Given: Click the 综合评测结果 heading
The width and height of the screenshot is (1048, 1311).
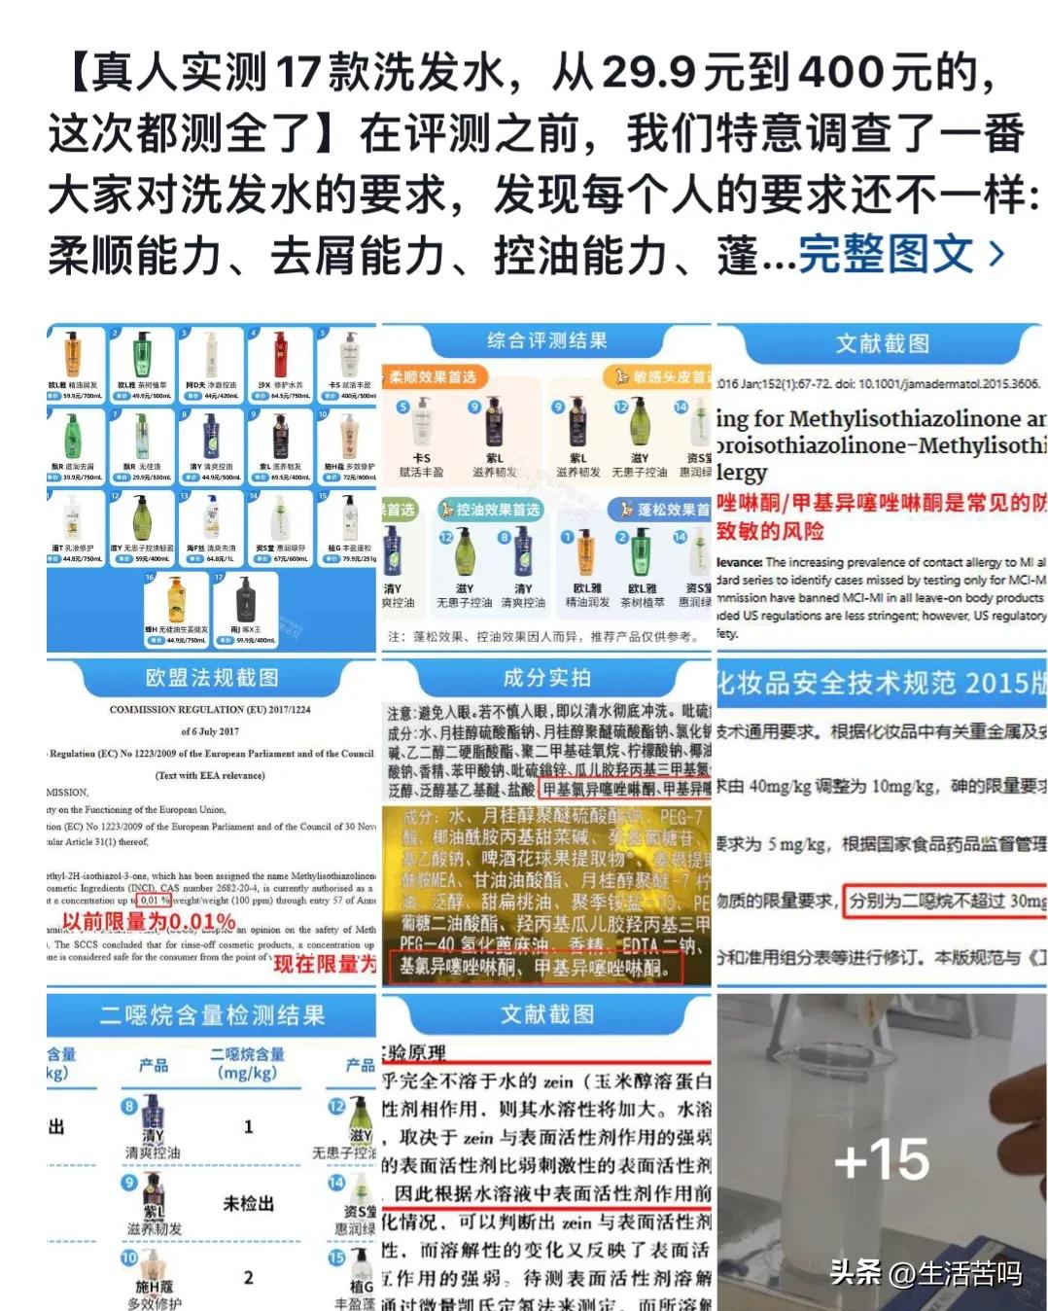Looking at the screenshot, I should pyautogui.click(x=546, y=340).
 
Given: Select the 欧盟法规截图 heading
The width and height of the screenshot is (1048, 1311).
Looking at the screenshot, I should pyautogui.click(x=211, y=677).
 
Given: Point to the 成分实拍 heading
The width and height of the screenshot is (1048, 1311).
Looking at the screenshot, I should pyautogui.click(x=546, y=677).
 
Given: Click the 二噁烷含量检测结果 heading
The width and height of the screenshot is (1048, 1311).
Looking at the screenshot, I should pyautogui.click(x=211, y=1015).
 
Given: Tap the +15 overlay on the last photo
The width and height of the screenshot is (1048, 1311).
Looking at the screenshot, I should pyautogui.click(x=881, y=1159).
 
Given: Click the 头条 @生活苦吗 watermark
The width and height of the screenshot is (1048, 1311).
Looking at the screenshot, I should pyautogui.click(x=925, y=1272).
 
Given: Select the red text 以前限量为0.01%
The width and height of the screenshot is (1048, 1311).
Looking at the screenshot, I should pyautogui.click(x=149, y=921).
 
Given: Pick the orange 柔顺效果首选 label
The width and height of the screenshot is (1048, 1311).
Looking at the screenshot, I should pyautogui.click(x=434, y=376).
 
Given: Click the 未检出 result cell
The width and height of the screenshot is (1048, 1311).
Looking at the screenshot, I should pyautogui.click(x=248, y=1203).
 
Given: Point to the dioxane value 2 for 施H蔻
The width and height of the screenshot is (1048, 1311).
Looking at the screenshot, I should pyautogui.click(x=248, y=1277).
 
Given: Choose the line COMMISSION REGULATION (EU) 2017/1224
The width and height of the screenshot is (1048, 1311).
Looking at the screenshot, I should pyautogui.click(x=210, y=709).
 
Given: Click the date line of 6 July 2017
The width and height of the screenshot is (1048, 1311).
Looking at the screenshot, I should pyautogui.click(x=210, y=731).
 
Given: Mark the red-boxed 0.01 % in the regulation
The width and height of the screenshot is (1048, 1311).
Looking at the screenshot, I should pyautogui.click(x=154, y=900).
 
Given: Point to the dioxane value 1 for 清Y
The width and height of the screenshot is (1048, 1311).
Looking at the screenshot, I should pyautogui.click(x=248, y=1126).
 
